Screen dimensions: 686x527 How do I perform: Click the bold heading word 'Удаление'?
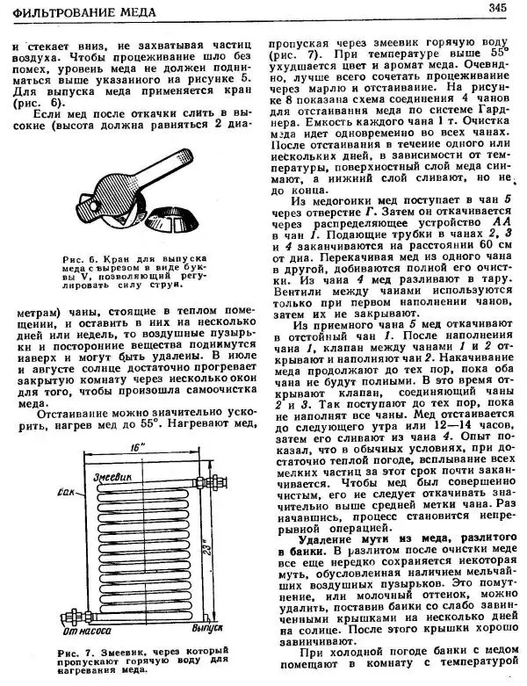pos(329,538)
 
